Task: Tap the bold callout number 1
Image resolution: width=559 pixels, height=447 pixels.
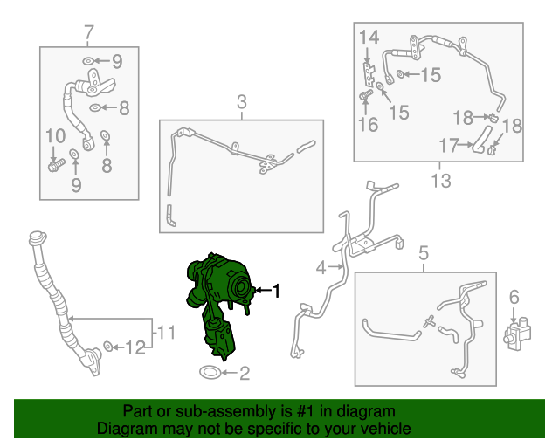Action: click(x=276, y=291)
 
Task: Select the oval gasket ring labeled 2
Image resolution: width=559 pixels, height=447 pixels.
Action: click(x=210, y=373)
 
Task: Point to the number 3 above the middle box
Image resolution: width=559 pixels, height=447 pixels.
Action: click(x=242, y=102)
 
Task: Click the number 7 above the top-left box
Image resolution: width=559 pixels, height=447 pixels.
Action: click(x=89, y=32)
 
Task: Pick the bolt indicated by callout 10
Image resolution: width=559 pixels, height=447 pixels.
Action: click(x=56, y=165)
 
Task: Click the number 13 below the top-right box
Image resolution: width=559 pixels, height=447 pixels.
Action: click(x=441, y=181)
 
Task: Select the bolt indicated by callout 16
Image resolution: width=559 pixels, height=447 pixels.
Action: click(x=366, y=95)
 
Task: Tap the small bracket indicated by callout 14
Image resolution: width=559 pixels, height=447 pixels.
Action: click(x=369, y=74)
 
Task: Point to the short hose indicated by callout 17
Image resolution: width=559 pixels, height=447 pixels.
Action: click(x=481, y=139)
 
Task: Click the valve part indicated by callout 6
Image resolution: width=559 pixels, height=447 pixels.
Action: click(x=517, y=333)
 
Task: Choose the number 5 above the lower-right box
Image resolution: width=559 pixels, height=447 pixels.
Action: click(x=423, y=253)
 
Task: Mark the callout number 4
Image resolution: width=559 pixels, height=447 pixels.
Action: click(x=321, y=268)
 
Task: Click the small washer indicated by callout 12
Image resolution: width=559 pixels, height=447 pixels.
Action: click(x=108, y=346)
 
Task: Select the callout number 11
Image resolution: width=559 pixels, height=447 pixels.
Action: click(x=166, y=333)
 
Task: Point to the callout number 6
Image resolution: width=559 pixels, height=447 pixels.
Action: click(x=514, y=297)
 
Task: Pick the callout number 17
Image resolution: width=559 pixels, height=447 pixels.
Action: click(x=448, y=145)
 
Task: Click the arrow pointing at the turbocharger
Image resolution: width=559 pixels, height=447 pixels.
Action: click(x=263, y=291)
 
